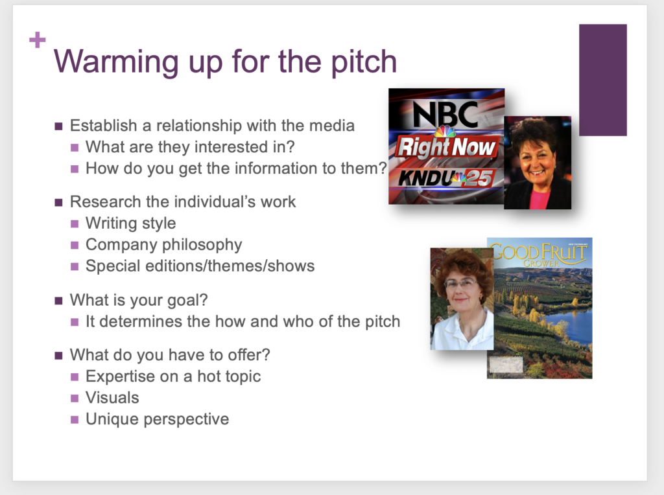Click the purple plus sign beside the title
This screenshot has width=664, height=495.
click(x=37, y=40)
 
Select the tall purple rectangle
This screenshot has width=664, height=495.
click(x=602, y=80)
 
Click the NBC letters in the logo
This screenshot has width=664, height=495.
click(x=445, y=113)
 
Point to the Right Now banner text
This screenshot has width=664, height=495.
click(x=446, y=147)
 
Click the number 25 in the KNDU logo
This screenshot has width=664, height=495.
click(x=479, y=178)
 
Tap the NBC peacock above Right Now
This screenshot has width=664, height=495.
click(x=445, y=131)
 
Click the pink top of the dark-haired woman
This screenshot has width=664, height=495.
click(x=539, y=198)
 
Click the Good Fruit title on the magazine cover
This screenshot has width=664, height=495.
click(x=539, y=253)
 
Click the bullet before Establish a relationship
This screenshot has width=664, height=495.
click(x=58, y=126)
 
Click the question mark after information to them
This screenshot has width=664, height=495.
click(x=383, y=168)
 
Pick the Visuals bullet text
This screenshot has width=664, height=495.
click(x=112, y=398)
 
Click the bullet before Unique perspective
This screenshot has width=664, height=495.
click(x=75, y=420)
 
